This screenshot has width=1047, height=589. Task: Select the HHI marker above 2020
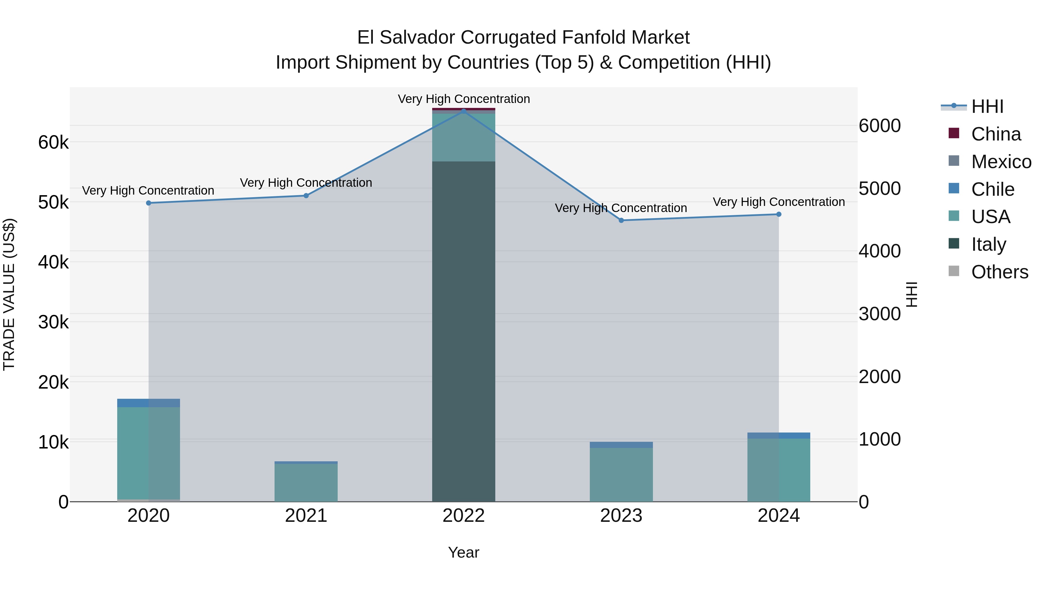148,203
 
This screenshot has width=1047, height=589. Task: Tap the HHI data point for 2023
621,220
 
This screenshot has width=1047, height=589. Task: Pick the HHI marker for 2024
779,214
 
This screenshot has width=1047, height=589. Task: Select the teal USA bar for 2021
306,483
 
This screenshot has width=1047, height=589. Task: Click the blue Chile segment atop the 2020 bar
148,403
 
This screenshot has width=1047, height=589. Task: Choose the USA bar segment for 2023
621,474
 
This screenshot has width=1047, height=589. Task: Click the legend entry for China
996,134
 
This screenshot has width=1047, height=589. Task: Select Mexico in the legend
1001,162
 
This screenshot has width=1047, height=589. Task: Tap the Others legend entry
999,272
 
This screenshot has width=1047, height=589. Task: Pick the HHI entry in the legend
987,106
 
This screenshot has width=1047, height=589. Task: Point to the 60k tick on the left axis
53,143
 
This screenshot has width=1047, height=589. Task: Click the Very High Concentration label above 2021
306,182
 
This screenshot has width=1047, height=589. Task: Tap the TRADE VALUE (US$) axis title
9,294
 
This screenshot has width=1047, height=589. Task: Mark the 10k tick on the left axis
53,442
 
